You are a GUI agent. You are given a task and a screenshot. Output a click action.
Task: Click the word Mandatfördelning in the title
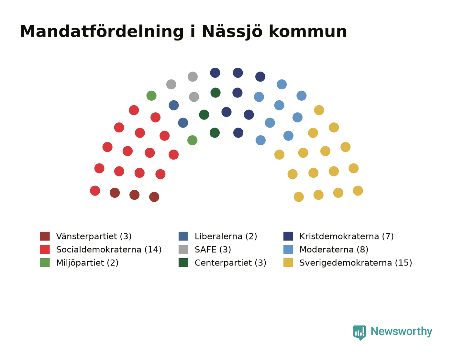(102, 32)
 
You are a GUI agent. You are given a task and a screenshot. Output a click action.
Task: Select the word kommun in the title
(308, 32)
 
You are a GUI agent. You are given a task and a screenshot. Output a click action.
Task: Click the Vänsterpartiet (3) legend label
(94, 236)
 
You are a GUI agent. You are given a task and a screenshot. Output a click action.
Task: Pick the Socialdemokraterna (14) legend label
(109, 250)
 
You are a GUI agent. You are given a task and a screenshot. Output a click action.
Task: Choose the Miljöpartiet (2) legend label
(87, 263)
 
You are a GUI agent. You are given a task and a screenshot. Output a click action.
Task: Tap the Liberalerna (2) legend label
(226, 236)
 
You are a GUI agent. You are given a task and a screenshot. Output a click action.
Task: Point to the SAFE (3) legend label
(213, 250)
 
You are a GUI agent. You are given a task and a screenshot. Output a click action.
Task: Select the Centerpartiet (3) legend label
(230, 263)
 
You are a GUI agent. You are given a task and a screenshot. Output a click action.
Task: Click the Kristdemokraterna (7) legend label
(347, 236)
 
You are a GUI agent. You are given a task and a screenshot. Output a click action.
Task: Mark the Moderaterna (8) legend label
(334, 250)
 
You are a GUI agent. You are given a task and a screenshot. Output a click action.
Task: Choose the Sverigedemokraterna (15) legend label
(356, 263)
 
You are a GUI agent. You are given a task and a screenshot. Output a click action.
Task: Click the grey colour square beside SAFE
(183, 249)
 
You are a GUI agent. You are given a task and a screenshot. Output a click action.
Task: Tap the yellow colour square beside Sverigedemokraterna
(288, 263)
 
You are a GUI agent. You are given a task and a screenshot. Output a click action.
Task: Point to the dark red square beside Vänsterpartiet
(45, 236)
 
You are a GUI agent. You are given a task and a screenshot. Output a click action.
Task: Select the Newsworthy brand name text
(401, 332)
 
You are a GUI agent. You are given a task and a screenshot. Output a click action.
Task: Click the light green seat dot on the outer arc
(151, 96)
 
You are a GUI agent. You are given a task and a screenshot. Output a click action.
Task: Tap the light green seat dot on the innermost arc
(193, 140)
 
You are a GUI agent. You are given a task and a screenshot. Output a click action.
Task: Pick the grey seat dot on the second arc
(194, 97)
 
